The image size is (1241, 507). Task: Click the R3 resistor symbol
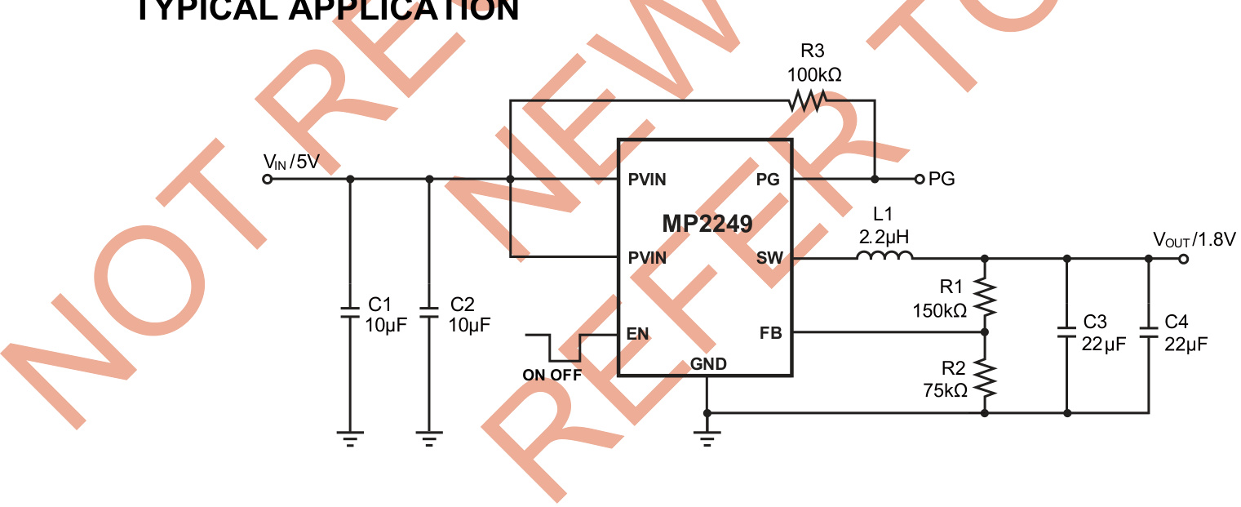(808, 101)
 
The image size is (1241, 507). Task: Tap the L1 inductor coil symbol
(884, 257)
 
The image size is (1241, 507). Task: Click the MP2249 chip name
(707, 222)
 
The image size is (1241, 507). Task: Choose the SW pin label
(769, 259)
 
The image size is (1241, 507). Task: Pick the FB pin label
(770, 333)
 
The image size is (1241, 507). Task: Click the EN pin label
(637, 333)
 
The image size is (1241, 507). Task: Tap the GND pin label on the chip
(708, 364)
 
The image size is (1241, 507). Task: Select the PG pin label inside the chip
(768, 180)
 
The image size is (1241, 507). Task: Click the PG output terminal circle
(919, 179)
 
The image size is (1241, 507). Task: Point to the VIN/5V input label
(290, 162)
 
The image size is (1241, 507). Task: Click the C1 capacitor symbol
(350, 312)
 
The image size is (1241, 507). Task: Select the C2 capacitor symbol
(429, 312)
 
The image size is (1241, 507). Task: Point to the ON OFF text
(552, 376)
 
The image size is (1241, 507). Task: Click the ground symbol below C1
(350, 438)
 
